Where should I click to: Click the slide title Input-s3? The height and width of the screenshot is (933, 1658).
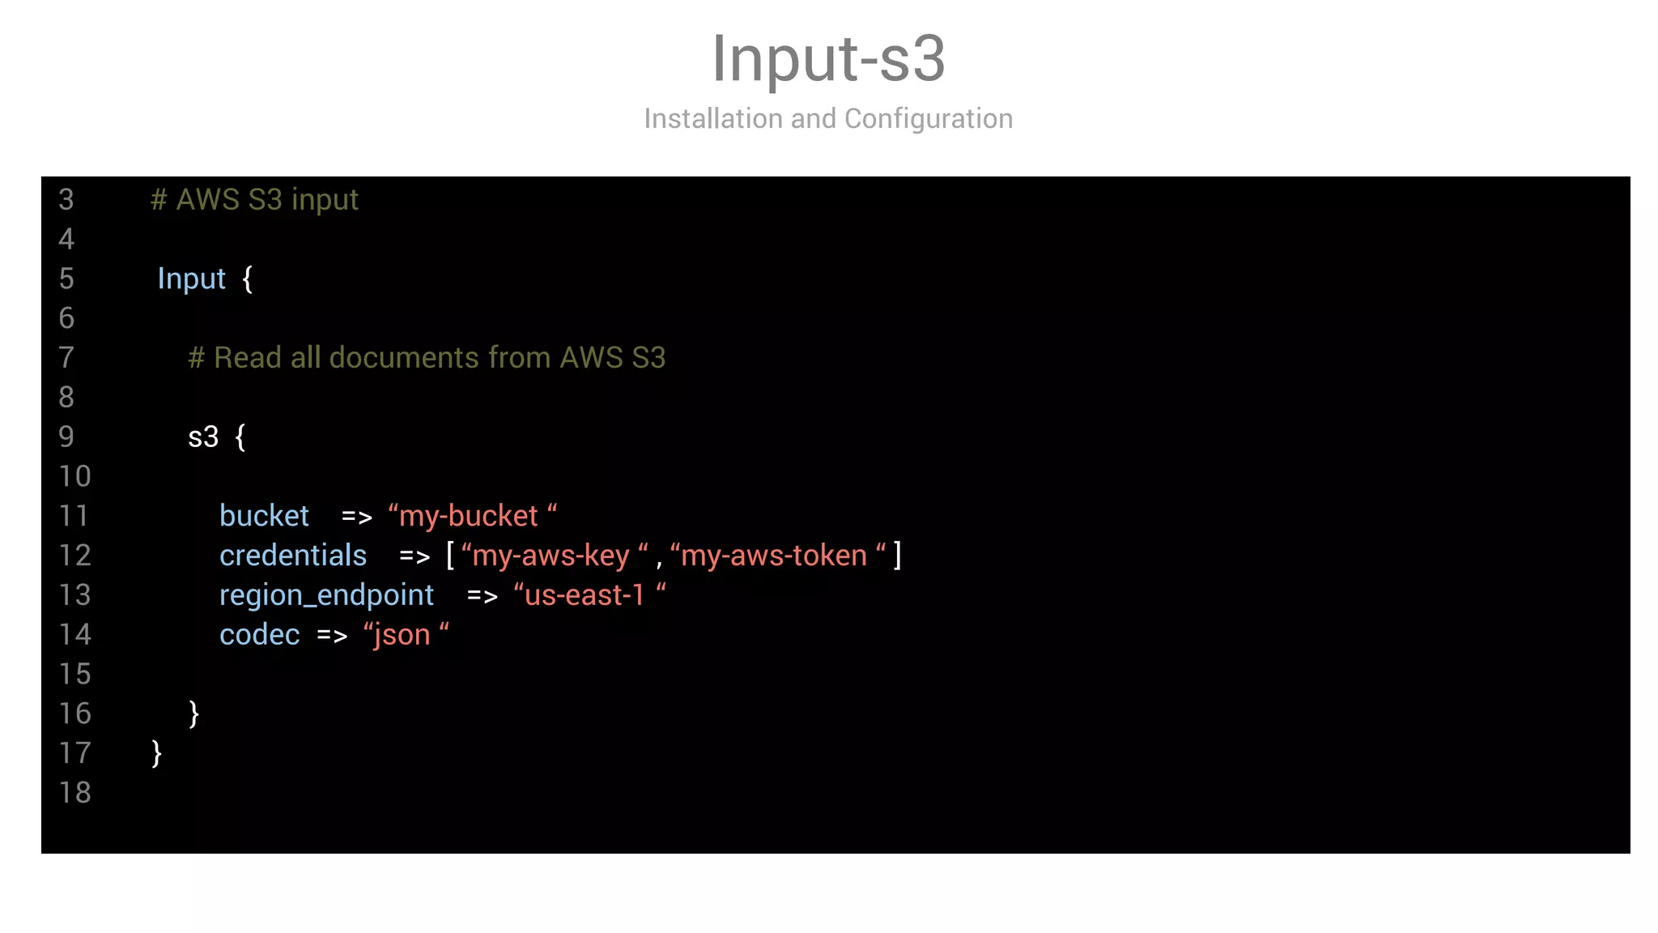[828, 58]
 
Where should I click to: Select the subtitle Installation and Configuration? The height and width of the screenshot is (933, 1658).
[828, 119]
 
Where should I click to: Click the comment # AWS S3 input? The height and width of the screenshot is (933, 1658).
[254, 200]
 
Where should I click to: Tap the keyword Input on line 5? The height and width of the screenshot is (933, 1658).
[191, 279]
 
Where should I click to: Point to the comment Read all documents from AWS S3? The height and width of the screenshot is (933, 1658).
[427, 358]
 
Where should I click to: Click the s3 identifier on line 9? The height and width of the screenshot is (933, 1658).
[203, 437]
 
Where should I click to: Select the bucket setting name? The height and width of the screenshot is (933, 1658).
[264, 516]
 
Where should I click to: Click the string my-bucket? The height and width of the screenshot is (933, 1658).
[472, 516]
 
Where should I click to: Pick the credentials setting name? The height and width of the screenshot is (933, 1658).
[293, 556]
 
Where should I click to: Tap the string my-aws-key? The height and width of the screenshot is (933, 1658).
[554, 556]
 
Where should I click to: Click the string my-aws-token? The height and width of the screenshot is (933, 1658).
[777, 556]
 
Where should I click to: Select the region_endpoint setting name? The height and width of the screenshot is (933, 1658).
[327, 595]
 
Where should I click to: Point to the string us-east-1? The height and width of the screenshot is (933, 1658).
[589, 595]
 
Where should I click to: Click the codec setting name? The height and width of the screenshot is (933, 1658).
[259, 635]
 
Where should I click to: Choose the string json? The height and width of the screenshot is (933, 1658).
[405, 635]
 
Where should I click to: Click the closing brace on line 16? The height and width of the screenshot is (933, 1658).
[193, 714]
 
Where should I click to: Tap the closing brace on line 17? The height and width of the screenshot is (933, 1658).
[156, 753]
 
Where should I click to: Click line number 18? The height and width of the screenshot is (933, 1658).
[74, 793]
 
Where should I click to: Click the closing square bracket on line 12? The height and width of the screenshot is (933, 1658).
[897, 556]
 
